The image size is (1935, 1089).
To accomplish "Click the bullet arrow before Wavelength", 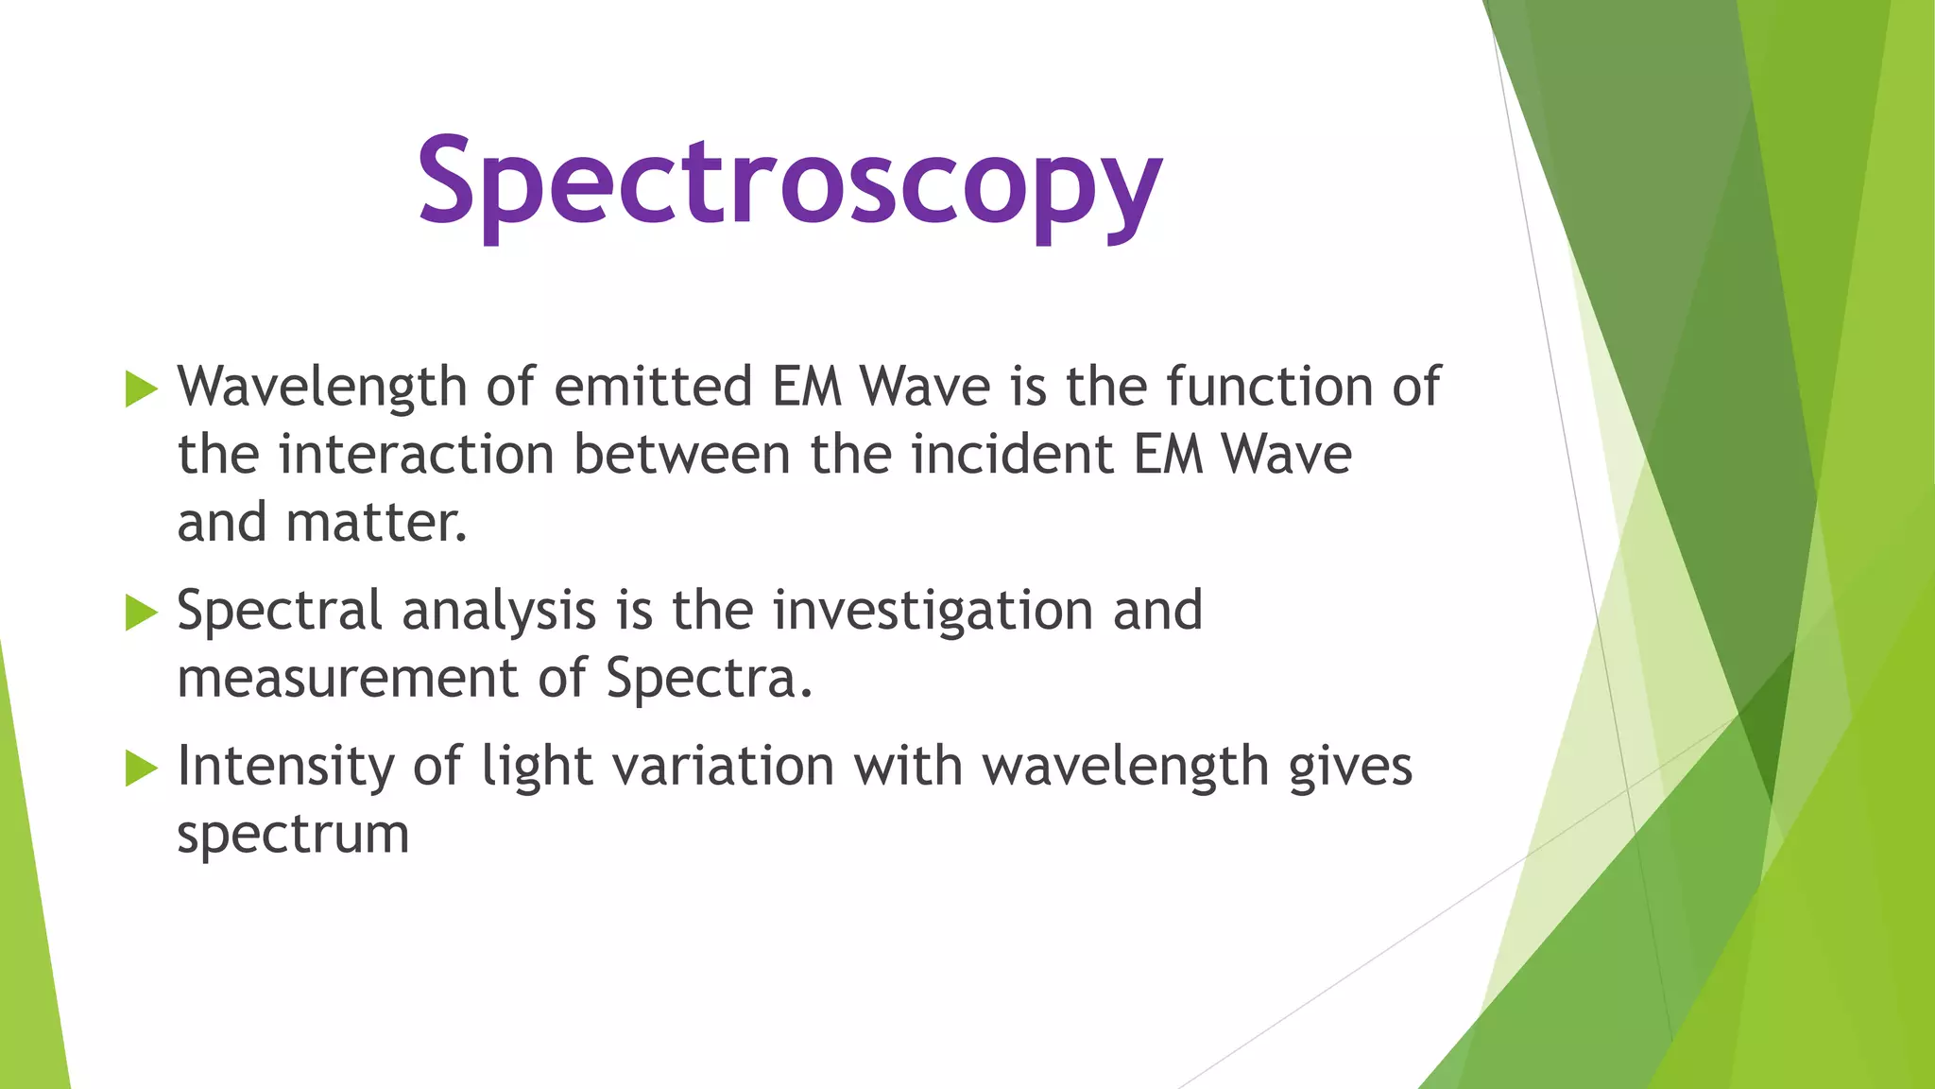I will (x=141, y=389).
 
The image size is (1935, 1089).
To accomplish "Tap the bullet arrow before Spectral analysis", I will (x=141, y=612).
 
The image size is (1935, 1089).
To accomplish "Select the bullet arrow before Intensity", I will (x=141, y=768).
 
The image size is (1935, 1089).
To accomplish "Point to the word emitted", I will (x=653, y=388).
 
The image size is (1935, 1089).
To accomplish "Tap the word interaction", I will (x=416, y=455).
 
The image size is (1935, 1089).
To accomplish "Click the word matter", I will (x=376, y=523).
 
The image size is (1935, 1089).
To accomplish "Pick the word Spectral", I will (x=280, y=611).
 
